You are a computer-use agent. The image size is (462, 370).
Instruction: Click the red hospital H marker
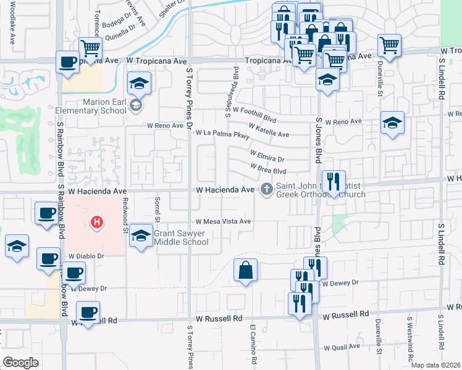tap(96, 222)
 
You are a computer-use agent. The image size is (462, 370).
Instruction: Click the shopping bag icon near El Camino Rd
tap(245, 269)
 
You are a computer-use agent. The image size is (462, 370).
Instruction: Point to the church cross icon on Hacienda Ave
tap(267, 189)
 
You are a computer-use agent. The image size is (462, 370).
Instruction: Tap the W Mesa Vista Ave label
tap(223, 221)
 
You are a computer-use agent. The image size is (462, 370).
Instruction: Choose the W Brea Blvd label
tap(269, 168)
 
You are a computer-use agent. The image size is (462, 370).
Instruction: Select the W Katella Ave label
tap(268, 131)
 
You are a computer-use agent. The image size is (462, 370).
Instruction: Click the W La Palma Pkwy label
tap(222, 134)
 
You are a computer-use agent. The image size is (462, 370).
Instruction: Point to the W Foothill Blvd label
tap(254, 114)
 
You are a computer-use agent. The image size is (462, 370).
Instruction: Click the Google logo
tap(20, 362)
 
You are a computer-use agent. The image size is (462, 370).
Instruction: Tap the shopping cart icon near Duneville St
tap(389, 44)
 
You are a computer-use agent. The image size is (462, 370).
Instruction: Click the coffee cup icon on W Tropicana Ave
tap(67, 61)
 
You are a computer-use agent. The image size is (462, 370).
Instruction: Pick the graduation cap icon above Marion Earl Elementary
tap(140, 83)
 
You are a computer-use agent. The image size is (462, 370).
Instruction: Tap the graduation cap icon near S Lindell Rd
tap(392, 122)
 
